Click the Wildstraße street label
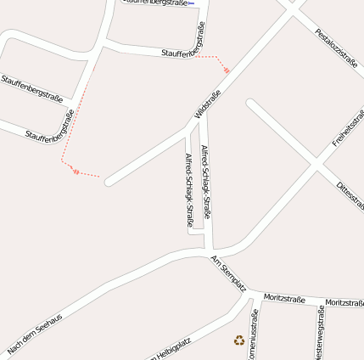(x=208, y=103)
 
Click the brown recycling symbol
(x=239, y=340)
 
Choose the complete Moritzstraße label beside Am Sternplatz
(x=284, y=298)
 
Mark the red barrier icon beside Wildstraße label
(x=227, y=70)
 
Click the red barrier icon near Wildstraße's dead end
(x=76, y=172)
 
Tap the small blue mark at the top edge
(x=192, y=3)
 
